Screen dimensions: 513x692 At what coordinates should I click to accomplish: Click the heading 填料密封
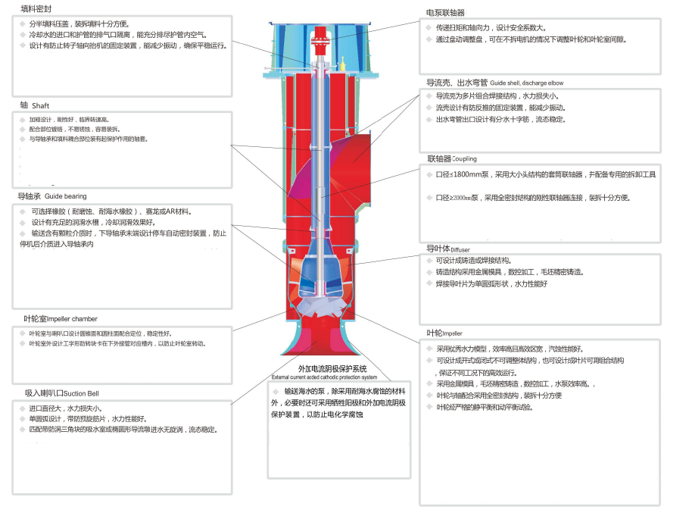(36, 8)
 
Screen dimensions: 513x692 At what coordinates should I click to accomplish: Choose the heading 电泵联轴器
(446, 13)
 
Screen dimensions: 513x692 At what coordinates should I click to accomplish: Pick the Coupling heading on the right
(464, 159)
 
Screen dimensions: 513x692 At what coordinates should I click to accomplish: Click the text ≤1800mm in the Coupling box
(466, 174)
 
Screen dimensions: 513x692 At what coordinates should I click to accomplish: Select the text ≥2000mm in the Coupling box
(466, 198)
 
